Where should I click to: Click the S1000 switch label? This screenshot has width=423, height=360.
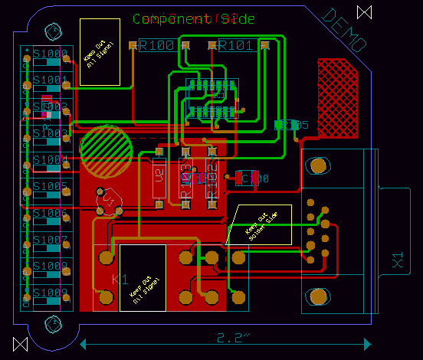50,54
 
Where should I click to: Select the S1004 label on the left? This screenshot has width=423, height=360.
50,160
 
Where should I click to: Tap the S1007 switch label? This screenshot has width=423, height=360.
50,240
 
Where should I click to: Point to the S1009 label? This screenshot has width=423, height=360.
50,293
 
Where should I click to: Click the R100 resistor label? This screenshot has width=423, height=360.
156,46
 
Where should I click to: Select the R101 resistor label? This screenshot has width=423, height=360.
236,46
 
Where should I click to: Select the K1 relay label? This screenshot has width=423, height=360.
120,280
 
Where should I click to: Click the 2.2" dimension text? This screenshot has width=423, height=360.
229,337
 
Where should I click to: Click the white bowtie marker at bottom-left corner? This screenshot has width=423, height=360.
20,344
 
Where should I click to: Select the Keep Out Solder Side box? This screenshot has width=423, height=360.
261,224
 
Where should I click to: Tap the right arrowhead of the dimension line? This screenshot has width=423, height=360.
369,343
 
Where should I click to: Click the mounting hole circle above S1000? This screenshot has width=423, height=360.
54,31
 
